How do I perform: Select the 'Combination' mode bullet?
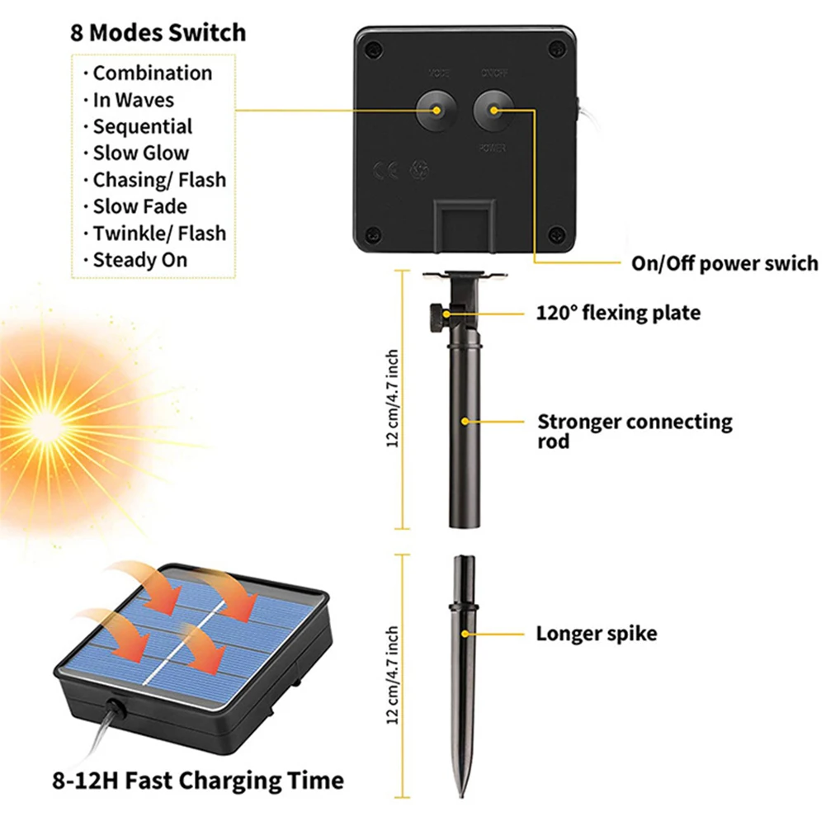point(152,73)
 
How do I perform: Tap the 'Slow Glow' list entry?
point(140,153)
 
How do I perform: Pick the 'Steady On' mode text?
point(139,260)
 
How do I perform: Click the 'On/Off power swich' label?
point(725,263)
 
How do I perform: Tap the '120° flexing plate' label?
point(618,313)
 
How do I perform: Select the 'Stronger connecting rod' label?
point(635,431)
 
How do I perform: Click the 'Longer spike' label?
point(597,634)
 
